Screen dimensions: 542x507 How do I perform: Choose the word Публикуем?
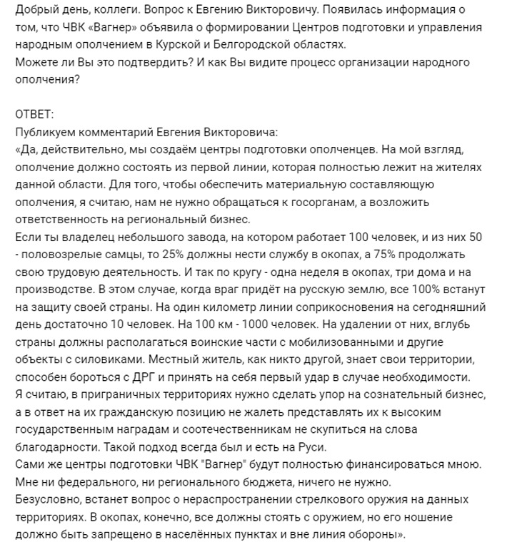[45, 132]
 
